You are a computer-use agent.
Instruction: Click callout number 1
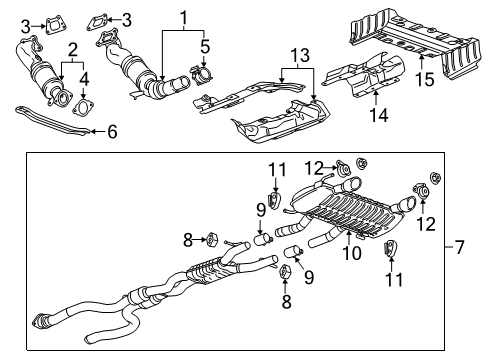pos(183,17)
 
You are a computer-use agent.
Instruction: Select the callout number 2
pos(71,49)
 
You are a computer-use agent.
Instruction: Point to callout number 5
pos(205,45)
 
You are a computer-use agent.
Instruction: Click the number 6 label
pos(111,130)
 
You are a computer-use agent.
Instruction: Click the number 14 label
pos(375,116)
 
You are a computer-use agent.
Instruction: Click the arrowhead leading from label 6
pos(94,130)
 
